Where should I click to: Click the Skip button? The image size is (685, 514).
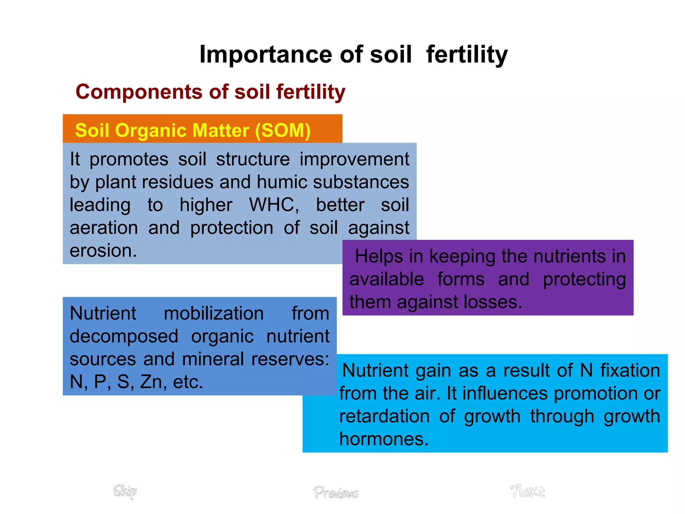click(x=125, y=491)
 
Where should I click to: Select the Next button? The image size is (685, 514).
click(x=527, y=491)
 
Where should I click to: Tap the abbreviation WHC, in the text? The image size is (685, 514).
click(x=274, y=205)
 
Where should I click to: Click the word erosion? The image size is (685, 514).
click(x=103, y=251)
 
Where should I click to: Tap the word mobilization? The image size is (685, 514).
click(x=213, y=314)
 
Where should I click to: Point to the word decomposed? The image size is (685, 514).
click(x=124, y=336)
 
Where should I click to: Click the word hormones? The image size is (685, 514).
click(x=384, y=439)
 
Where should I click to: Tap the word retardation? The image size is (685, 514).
click(x=384, y=416)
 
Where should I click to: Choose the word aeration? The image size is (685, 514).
click(x=104, y=228)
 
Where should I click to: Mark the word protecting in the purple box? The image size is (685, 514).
click(x=584, y=279)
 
